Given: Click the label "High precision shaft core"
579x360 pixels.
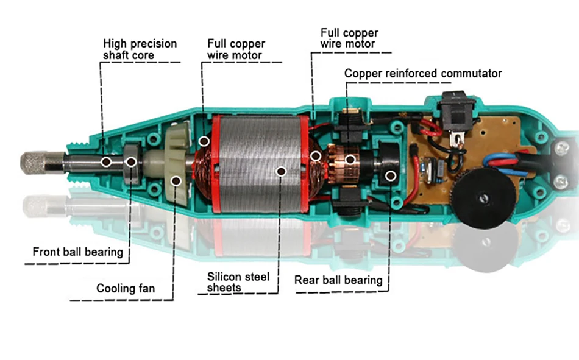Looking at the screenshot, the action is pos(140,49).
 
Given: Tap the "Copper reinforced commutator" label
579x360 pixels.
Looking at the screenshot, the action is pos(423,73).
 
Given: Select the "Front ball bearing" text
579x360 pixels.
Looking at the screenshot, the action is pos(78,252).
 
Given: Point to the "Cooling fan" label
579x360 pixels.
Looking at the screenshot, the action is pos(126,288).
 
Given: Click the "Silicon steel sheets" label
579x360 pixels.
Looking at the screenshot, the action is pos(238,282).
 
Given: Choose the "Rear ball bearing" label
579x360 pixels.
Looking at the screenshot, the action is pos(338,280).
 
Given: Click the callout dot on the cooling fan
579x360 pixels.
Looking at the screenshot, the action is pos(176,181).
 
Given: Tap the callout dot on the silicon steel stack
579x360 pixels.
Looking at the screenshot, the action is pos(282,171).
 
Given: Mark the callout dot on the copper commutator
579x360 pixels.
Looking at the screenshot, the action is pos(350,160).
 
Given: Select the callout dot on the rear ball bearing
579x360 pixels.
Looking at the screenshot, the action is pos(391,176).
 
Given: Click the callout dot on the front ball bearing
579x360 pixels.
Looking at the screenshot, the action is pos(131,161).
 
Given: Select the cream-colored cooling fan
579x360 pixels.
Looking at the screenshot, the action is pos(177,163).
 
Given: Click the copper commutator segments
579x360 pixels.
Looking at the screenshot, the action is pos(339,160).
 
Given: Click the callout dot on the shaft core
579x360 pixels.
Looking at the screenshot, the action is pos(106,161).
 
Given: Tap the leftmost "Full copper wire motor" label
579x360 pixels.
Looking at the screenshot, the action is pos(236,49).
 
